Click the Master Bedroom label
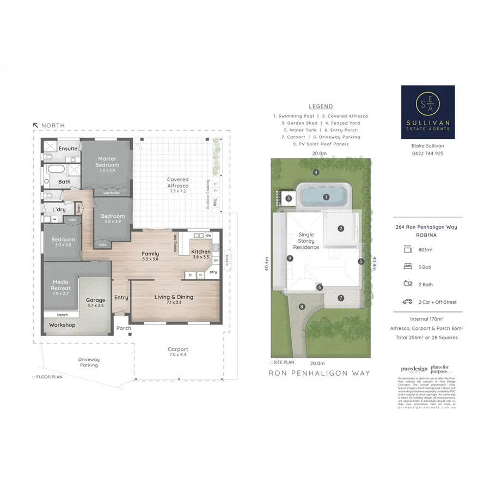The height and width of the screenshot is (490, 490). [107, 162]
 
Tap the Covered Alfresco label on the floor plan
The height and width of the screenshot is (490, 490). [178, 182]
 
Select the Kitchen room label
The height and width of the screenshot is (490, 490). [200, 252]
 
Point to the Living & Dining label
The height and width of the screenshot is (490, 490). [174, 297]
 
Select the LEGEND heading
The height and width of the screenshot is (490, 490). [321, 107]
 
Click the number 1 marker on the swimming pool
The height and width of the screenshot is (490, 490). [326, 197]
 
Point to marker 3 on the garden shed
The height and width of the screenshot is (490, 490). [288, 198]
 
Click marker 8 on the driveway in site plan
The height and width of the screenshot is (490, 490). [302, 307]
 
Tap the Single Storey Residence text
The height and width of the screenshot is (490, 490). [307, 241]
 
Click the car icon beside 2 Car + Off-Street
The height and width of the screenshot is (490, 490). [407, 301]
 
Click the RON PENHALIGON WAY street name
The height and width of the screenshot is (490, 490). [320, 373]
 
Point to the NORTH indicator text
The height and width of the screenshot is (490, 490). [53, 126]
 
